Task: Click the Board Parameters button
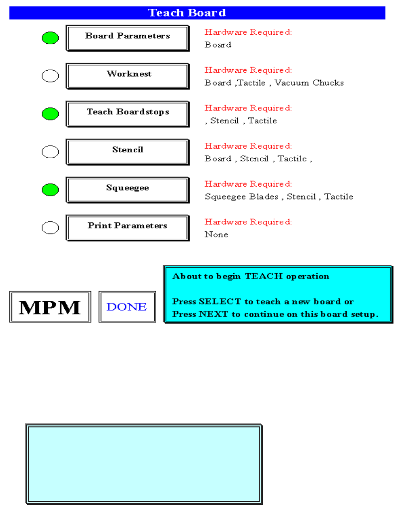pos(127,38)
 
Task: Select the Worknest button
pos(127,76)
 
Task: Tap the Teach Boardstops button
pos(127,113)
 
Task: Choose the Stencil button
pos(127,151)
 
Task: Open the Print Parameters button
pos(127,227)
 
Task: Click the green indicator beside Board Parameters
pos(50,38)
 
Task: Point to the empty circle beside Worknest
pos(50,76)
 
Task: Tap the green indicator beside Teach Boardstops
pos(50,114)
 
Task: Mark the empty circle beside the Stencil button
pos(50,152)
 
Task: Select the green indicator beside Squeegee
pos(50,190)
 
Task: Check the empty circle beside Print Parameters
pos(50,228)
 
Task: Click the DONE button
pos(127,307)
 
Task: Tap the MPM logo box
pos(50,307)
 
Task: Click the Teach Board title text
pos(187,13)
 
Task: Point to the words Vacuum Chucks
pos(309,83)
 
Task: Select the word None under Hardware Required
pos(216,234)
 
